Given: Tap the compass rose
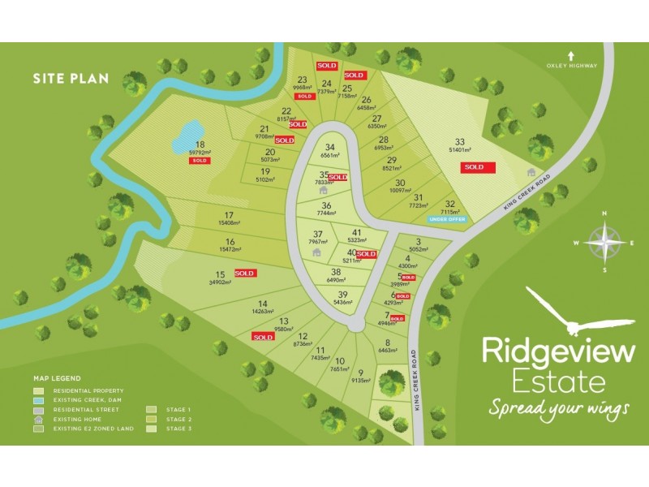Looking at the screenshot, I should (604, 242).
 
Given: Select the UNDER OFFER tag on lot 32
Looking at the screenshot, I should (447, 219).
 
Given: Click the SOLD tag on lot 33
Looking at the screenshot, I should (474, 167).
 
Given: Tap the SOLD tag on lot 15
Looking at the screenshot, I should (245, 274).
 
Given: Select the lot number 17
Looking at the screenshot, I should (230, 214).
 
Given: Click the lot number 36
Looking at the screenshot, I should (326, 205).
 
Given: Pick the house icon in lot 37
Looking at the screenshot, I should (316, 252).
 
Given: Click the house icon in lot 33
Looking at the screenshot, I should (531, 172).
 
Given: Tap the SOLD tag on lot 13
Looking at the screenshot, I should (263, 337).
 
